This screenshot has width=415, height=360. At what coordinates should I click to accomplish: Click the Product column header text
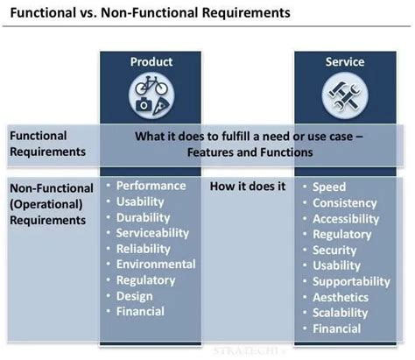click(151, 61)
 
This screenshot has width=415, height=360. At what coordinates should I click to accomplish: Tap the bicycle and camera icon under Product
click(151, 95)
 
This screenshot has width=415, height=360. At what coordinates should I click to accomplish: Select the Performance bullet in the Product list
click(151, 186)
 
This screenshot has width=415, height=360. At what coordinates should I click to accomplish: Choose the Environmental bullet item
click(155, 265)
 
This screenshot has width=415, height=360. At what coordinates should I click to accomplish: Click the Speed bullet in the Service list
click(328, 187)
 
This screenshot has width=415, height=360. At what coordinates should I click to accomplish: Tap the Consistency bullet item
click(344, 202)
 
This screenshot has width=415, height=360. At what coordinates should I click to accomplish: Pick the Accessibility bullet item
click(347, 218)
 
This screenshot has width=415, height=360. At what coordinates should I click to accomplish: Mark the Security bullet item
click(334, 250)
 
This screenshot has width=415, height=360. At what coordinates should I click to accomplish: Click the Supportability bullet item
click(350, 281)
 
